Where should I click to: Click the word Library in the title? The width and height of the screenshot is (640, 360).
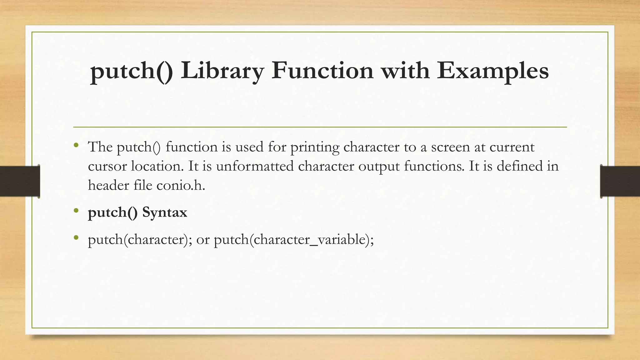222,71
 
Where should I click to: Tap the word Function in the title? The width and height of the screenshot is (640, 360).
322,71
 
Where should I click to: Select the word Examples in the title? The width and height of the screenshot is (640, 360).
492,71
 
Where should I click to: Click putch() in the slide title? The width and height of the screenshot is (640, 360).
131,71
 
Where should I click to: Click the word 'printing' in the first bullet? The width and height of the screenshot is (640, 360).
315,147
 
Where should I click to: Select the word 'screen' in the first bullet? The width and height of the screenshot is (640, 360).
450,147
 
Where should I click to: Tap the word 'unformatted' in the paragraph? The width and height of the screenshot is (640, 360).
255,166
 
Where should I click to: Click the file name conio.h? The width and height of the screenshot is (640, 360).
181,185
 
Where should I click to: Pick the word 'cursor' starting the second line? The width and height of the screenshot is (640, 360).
107,166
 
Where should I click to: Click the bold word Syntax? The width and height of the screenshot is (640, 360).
165,212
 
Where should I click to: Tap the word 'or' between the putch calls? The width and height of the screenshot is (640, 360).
203,240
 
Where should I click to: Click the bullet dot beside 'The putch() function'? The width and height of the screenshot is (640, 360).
76,145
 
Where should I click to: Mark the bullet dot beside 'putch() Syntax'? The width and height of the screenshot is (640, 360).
76,211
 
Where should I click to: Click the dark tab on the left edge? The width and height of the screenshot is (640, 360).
20,181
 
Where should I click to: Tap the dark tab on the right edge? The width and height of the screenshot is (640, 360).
620,181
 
